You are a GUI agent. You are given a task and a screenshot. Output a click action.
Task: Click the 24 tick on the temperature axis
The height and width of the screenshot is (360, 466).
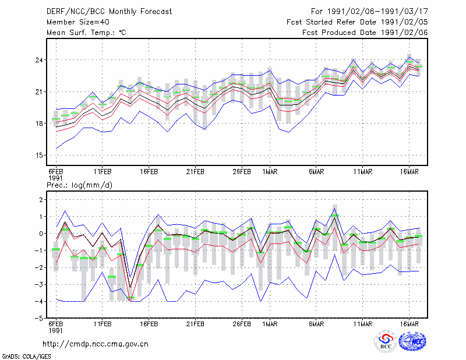(39, 60)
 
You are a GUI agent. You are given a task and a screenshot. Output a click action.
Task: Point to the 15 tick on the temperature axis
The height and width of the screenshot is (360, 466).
(39, 155)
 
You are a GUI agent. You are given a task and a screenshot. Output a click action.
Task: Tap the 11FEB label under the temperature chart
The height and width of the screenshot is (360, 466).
(103, 172)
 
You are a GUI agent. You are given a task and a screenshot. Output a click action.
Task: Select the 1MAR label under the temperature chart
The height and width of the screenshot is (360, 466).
(270, 172)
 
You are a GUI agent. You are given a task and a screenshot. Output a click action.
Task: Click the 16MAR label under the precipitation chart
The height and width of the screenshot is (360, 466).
(409, 324)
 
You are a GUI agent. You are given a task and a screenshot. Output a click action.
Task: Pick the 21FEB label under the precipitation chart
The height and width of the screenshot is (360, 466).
(195, 324)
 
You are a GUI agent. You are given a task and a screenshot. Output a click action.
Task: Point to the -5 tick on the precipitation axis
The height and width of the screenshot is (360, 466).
(38, 319)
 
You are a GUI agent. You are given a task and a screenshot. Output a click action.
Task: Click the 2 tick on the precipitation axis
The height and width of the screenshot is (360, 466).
(41, 200)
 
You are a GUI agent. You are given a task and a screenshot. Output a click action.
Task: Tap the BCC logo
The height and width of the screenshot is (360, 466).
(386, 341)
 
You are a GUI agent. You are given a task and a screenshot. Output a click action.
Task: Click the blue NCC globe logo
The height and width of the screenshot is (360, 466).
(412, 341)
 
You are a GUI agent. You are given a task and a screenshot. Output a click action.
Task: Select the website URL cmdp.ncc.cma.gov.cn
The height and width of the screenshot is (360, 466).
(96, 344)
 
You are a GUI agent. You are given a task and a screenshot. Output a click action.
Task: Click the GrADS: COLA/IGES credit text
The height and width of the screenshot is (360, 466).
(26, 357)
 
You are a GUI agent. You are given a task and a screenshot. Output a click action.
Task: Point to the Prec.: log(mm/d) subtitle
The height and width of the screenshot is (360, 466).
(79, 185)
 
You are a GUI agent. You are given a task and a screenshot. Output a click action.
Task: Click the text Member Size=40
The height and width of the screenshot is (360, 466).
(78, 22)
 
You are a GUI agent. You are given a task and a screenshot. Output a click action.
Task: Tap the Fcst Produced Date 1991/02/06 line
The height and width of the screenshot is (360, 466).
(365, 33)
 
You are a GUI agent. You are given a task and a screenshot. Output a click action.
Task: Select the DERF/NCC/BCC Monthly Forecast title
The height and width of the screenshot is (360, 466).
(109, 12)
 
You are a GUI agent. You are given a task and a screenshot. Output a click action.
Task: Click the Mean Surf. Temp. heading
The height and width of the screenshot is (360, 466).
(86, 33)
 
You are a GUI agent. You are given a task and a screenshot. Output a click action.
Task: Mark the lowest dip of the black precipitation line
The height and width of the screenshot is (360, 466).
(130, 287)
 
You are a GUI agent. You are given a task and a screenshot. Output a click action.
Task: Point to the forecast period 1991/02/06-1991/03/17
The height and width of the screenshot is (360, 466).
(377, 12)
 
